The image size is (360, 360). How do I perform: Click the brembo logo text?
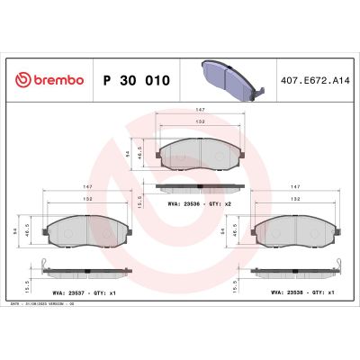(x=57, y=80)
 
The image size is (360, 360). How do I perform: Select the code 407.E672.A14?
(x=314, y=80)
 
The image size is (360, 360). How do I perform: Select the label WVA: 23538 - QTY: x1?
(x=302, y=292)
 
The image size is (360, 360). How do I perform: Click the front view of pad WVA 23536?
(x=199, y=156)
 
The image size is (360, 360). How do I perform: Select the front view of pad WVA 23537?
(x=85, y=231)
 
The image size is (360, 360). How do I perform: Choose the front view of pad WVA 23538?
(x=295, y=231)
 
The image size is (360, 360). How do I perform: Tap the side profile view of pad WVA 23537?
(x=85, y=271)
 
